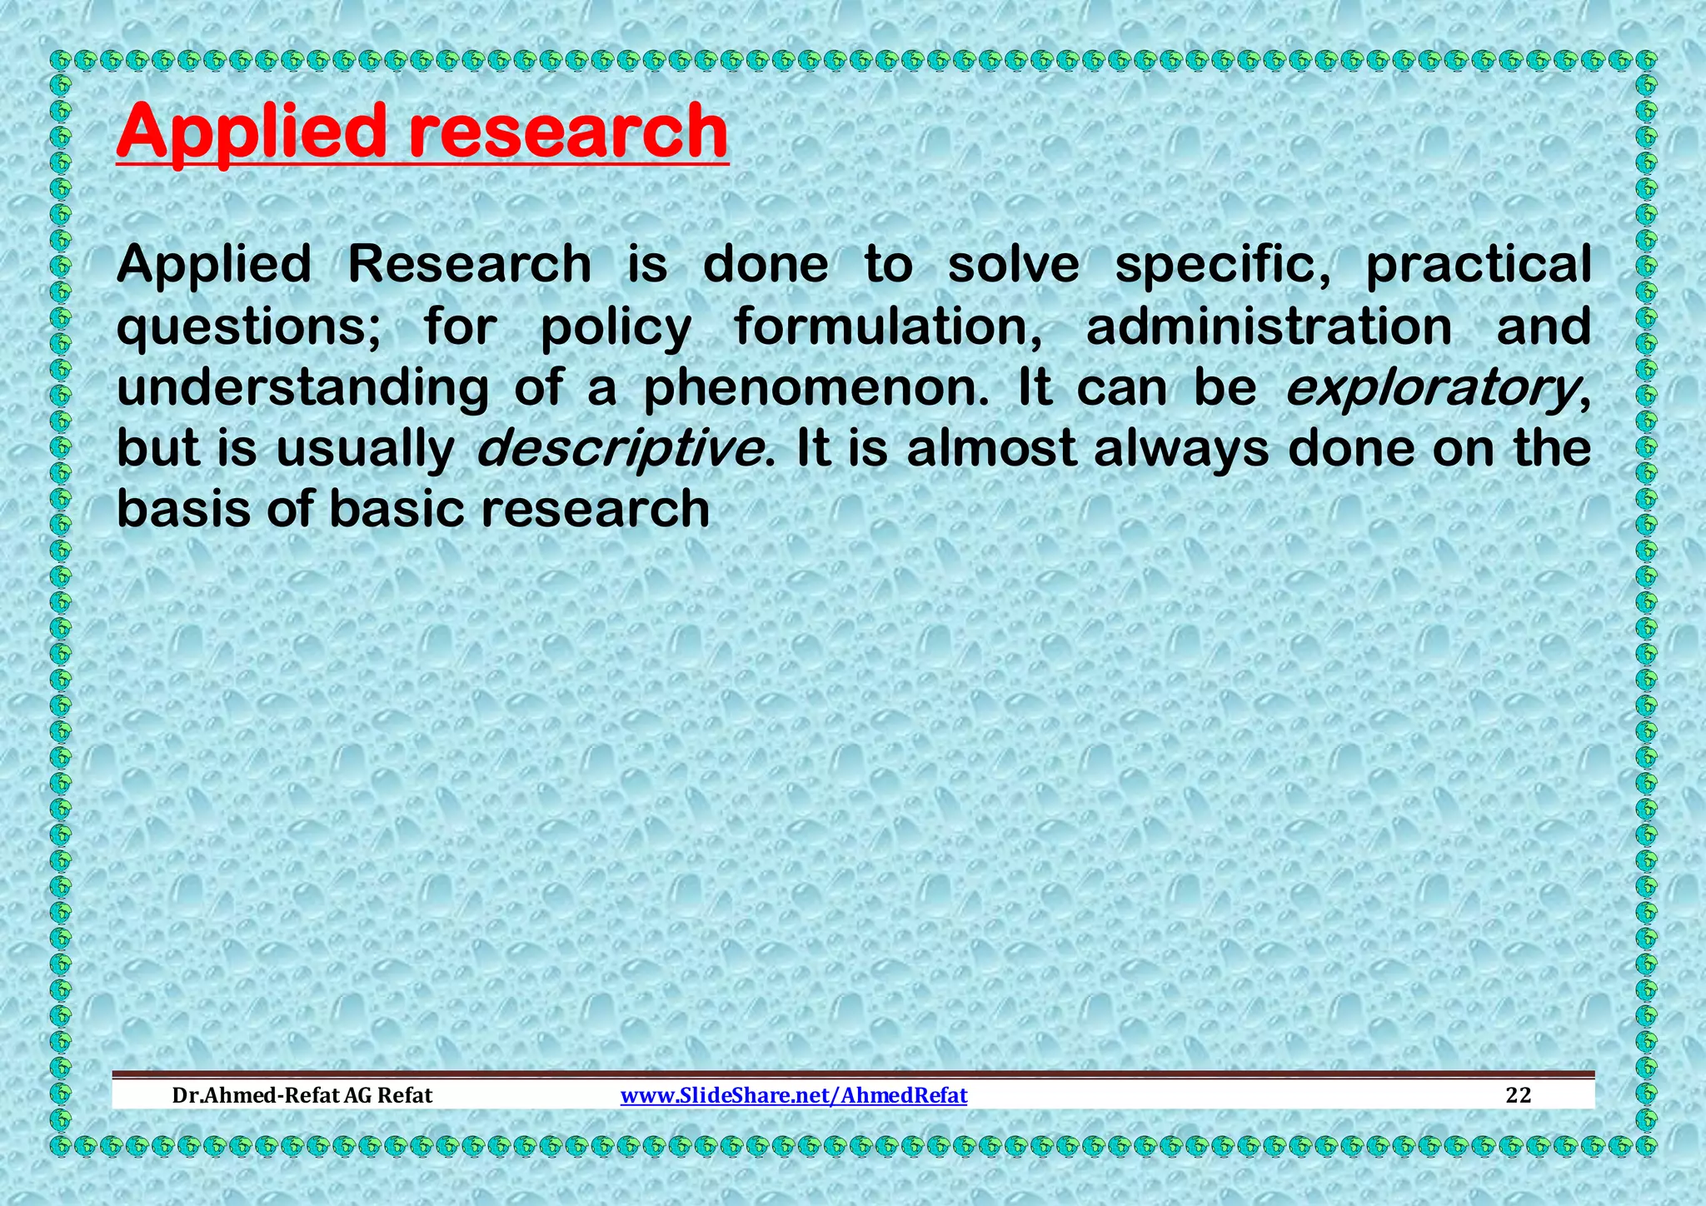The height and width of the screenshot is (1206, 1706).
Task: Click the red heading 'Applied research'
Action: pos(422,132)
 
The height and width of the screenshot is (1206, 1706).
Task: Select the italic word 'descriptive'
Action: pos(620,449)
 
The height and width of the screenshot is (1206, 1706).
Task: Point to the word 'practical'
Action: pos(1478,266)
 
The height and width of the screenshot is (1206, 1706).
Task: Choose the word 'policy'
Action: pos(616,327)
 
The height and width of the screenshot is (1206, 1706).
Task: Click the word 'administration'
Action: pos(1269,326)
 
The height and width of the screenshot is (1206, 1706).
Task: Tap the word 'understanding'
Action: pos(302,388)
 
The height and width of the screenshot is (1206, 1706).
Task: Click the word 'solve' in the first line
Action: pos(1013,264)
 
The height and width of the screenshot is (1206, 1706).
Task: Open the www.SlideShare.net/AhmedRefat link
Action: pos(794,1095)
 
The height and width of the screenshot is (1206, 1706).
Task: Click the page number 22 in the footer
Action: pos(1519,1095)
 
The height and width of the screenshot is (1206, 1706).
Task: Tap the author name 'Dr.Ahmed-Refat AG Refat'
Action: pos(302,1095)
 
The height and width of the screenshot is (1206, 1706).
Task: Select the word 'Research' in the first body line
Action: pos(469,264)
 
